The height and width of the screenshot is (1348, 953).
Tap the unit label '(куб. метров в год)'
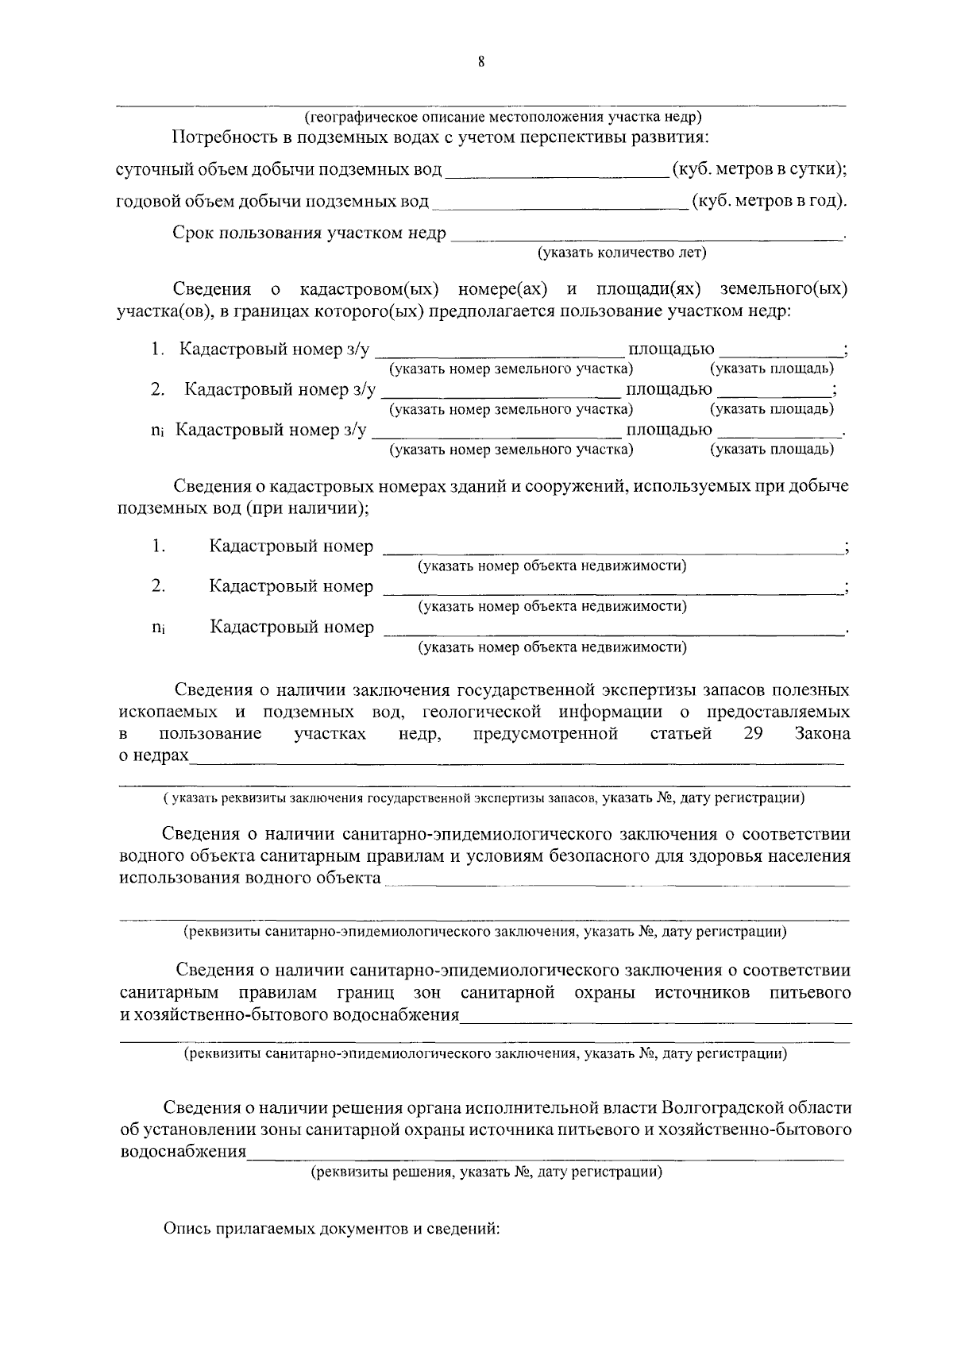click(770, 201)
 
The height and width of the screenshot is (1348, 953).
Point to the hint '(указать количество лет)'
click(622, 253)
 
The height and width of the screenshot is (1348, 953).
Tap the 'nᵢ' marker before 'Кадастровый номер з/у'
click(157, 431)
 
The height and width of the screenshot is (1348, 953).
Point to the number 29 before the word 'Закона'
click(753, 733)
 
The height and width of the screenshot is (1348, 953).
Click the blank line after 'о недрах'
click(516, 759)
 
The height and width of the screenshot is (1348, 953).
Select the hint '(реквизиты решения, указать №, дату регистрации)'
click(486, 1172)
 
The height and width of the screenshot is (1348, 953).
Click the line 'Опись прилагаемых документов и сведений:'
click(331, 1229)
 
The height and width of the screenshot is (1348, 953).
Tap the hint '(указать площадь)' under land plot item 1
click(772, 369)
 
